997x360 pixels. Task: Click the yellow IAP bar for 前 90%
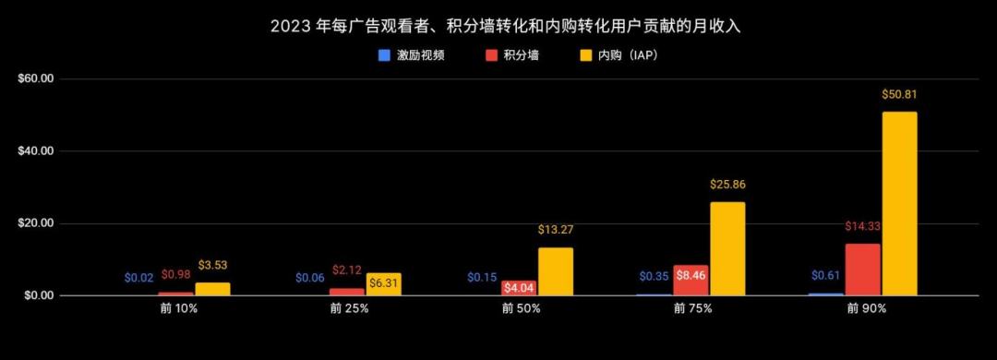coord(899,203)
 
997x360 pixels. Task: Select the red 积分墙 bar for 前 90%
coord(862,270)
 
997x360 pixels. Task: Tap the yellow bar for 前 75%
coord(727,248)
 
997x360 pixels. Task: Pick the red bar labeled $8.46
coord(691,280)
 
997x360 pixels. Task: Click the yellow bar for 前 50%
coord(556,271)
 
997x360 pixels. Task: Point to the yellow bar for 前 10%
coord(212,289)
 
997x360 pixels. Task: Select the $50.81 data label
coord(899,94)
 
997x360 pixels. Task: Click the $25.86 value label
coord(727,185)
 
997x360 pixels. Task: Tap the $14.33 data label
coord(862,226)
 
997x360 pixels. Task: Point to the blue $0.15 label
coord(482,277)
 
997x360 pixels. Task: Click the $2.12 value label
coord(348,270)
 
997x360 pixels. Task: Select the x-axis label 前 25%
coord(348,309)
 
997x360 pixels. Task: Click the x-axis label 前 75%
coord(691,309)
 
